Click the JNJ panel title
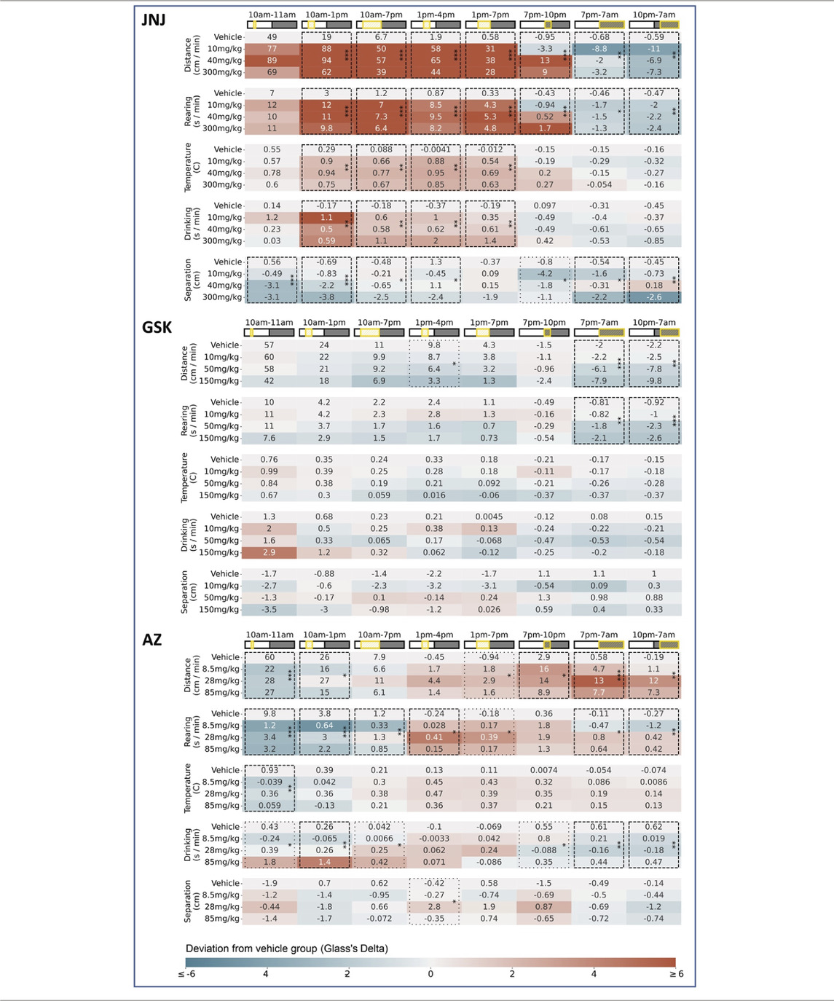click(154, 20)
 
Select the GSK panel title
click(157, 327)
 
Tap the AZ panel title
click(152, 640)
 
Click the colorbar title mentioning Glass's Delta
click(287, 948)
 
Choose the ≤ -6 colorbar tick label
click(186, 974)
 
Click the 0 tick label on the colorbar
click(430, 974)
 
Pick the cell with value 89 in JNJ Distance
click(272, 60)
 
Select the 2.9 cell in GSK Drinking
click(269, 552)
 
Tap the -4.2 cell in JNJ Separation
click(545, 274)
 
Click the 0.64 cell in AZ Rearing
click(325, 726)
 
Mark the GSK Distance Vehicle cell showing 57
click(269, 345)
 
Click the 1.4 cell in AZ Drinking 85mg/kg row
click(325, 862)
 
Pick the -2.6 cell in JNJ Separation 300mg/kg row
click(653, 297)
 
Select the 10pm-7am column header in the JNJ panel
click(653, 15)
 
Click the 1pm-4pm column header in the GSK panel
click(434, 323)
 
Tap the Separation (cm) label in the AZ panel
click(187, 900)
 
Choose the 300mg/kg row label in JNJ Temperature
click(222, 184)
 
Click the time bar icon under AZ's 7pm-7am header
click(599, 645)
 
